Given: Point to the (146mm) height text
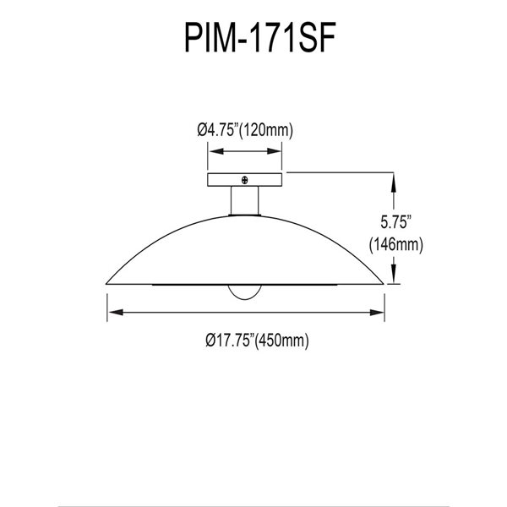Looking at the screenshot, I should pos(395,246).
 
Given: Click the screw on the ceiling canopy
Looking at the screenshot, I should pos(245,179).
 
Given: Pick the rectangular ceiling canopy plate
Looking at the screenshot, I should pos(245,180).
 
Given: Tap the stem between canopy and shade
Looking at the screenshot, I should pos(245,202).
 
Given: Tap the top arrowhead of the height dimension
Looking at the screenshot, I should pos(393,177).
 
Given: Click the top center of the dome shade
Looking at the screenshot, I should pos(245,217).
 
